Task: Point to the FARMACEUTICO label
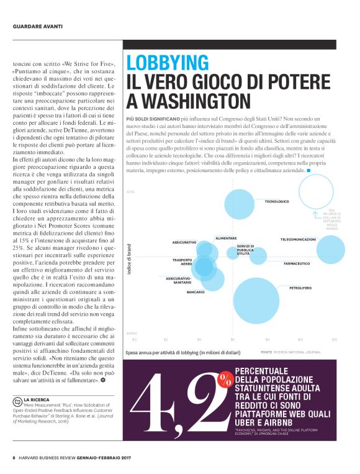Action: click(x=297, y=264)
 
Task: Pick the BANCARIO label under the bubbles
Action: click(x=196, y=291)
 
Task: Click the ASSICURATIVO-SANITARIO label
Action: click(x=178, y=280)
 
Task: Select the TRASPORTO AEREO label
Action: click(x=182, y=262)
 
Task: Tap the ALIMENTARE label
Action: click(x=225, y=238)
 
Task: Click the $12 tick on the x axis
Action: click(x=334, y=339)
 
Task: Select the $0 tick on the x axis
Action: click(x=133, y=339)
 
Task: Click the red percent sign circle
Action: click(x=225, y=378)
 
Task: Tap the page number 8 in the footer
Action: click(x=14, y=458)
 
